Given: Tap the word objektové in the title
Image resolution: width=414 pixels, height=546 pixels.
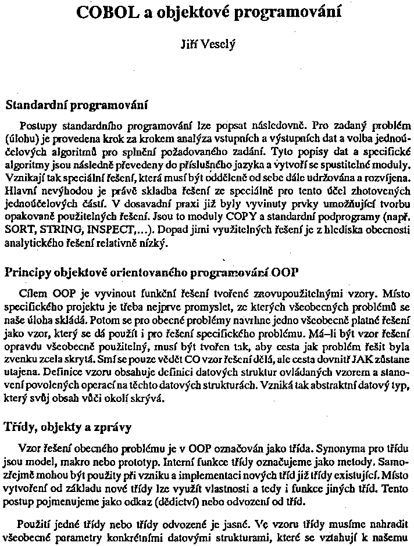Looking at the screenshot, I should tap(181, 12).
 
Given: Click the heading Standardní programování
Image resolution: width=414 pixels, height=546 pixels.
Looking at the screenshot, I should tap(77, 106).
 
